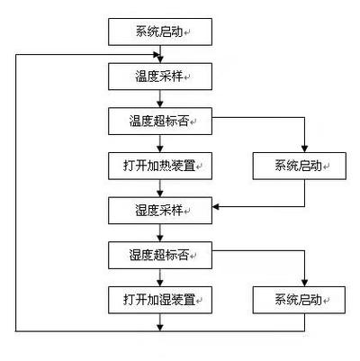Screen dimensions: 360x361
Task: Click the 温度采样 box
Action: pos(160,77)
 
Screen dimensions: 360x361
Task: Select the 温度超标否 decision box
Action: pos(160,122)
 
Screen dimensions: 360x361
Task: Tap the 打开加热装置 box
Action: pos(160,166)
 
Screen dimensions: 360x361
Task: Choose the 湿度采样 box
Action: pos(160,211)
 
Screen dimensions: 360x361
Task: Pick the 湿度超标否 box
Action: pos(160,255)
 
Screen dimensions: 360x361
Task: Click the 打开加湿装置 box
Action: pos(160,300)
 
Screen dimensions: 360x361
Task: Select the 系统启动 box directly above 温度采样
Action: pos(160,32)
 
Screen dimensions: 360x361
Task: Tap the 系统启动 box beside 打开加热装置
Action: pos(300,166)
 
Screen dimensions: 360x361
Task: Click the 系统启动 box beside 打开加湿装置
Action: pos(299,300)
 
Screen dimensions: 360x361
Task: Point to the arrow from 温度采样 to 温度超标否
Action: pos(160,99)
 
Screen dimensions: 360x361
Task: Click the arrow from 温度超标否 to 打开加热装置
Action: pos(160,143)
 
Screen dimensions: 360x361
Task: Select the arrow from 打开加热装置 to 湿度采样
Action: pos(160,188)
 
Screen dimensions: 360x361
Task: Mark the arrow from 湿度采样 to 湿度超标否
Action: pos(160,233)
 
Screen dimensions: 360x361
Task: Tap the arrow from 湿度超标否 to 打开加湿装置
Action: pos(160,277)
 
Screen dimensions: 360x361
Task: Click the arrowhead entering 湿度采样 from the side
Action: pos(216,206)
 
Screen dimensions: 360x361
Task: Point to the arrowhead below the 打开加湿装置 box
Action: pos(160,328)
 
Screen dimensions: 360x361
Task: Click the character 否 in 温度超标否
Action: pos(183,122)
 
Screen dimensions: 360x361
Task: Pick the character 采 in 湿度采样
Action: pos(166,211)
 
